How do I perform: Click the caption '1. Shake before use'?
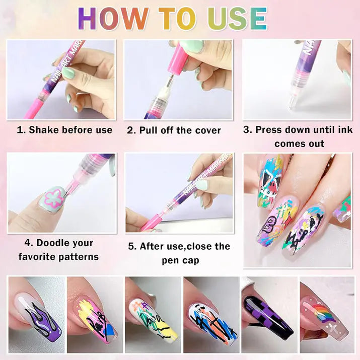pos(64,130)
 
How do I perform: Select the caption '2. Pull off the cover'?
pos(174,130)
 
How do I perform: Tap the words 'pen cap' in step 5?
pos(180,260)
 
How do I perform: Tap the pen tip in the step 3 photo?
pos(292,105)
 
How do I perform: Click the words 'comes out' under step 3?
pos(299,143)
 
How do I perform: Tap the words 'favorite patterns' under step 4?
pos(58,257)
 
